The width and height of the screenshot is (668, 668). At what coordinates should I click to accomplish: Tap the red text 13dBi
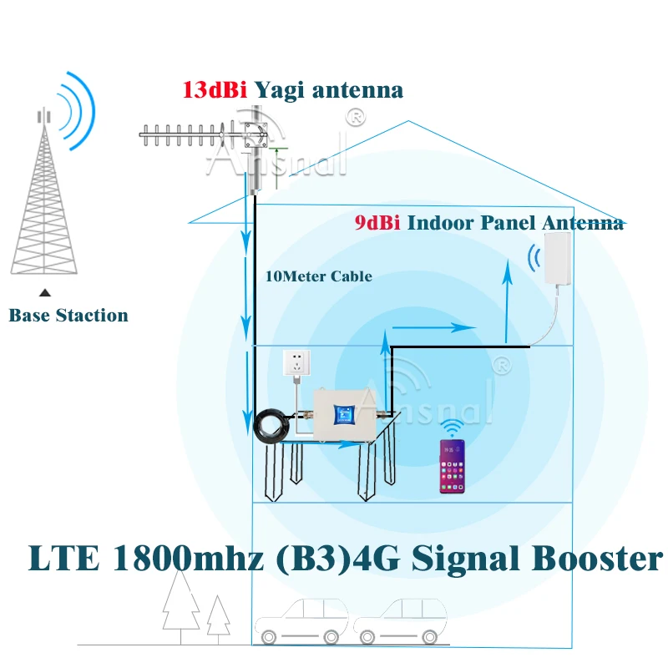click(x=214, y=89)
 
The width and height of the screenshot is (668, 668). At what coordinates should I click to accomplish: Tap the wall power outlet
click(x=296, y=362)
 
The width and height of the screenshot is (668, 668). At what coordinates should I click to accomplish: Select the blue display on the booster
click(x=342, y=415)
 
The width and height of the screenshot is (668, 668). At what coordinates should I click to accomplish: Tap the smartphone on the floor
click(x=453, y=468)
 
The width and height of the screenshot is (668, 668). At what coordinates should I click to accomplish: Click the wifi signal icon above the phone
click(x=453, y=429)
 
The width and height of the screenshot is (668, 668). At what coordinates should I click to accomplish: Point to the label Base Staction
click(x=68, y=316)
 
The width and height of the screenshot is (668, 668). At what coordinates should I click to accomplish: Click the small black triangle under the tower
click(x=45, y=292)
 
